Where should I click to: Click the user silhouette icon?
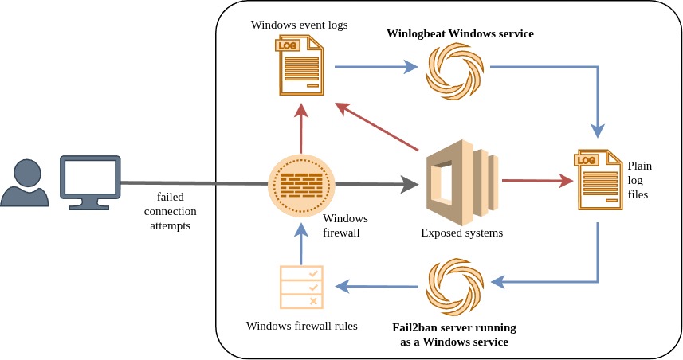point(27,181)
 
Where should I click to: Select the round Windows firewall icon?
point(300,185)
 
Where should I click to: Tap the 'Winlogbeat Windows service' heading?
point(460,34)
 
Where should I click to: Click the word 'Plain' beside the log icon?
point(640,166)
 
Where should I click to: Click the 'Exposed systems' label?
point(462,233)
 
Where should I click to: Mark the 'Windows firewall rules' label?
point(301,326)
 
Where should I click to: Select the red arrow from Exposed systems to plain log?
point(538,181)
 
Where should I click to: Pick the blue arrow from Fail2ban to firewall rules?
point(378,285)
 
